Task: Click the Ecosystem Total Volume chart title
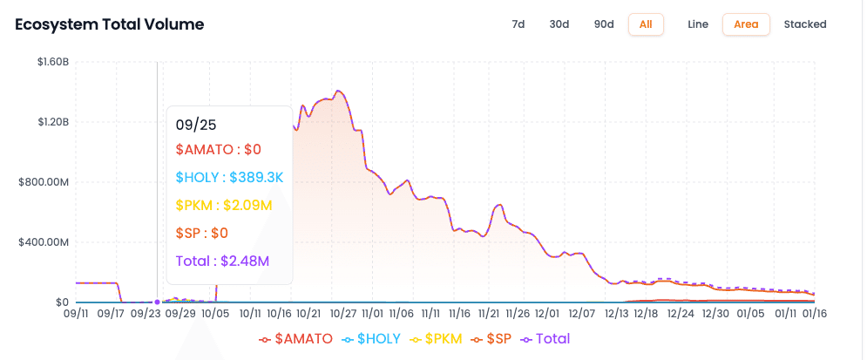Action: pos(110,24)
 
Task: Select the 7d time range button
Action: pos(518,24)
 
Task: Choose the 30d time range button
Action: pos(559,24)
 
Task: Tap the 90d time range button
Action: pos(604,24)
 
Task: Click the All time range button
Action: pos(646,24)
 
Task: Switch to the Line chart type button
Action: pos(698,24)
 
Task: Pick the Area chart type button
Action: pos(746,24)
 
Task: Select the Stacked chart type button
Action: pos(805,24)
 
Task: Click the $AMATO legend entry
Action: pos(296,338)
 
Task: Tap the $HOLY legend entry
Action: pos(371,338)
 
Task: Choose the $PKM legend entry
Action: pos(443,338)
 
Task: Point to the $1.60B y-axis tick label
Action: pos(52,62)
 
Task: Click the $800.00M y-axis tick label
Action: pos(45,182)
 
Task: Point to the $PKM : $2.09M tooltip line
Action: pos(224,206)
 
